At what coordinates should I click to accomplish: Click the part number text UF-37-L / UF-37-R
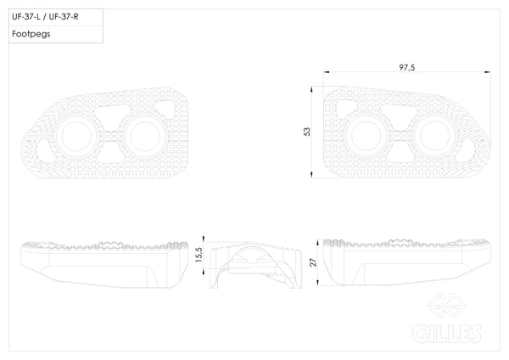45,17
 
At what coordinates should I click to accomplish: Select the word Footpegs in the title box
31,34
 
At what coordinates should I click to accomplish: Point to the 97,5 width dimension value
406,68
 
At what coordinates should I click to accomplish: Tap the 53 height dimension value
307,132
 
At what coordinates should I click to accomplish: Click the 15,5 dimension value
199,255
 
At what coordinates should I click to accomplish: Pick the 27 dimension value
313,262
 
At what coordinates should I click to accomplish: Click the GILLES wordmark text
447,334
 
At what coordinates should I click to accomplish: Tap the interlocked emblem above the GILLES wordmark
447,306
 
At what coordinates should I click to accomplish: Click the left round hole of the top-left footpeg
76,137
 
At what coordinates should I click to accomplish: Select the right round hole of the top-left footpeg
145,137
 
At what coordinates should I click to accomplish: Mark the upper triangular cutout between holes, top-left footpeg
111,112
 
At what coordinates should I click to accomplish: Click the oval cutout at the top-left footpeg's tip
45,151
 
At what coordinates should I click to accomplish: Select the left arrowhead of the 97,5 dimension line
327,72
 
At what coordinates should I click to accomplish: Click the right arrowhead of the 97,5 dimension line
487,72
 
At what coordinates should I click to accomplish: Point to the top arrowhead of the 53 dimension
311,89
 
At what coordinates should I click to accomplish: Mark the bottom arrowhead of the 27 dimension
318,283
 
